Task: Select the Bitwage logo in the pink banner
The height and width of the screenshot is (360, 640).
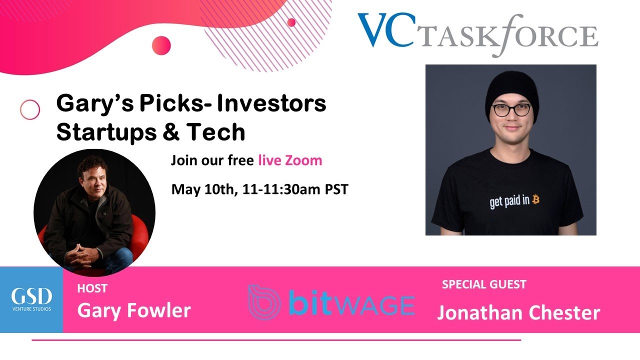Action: [x=331, y=302]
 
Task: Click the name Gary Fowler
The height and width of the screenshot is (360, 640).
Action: [x=134, y=310]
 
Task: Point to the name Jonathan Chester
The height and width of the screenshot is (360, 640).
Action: [x=518, y=312]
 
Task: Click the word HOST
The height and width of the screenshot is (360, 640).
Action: [x=92, y=288]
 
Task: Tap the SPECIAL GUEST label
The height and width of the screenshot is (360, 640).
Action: [x=484, y=284]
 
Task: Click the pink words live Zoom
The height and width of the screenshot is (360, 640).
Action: [x=290, y=160]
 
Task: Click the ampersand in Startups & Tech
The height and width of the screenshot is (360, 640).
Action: [x=175, y=132]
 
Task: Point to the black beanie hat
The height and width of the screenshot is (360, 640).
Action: [x=511, y=89]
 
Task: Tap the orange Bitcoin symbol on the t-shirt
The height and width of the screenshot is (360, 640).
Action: [x=536, y=199]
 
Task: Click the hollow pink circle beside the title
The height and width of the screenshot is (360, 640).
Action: [x=30, y=109]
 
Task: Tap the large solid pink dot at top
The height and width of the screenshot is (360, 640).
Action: [x=161, y=45]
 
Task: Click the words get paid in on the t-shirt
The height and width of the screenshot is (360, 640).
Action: [x=510, y=201]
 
